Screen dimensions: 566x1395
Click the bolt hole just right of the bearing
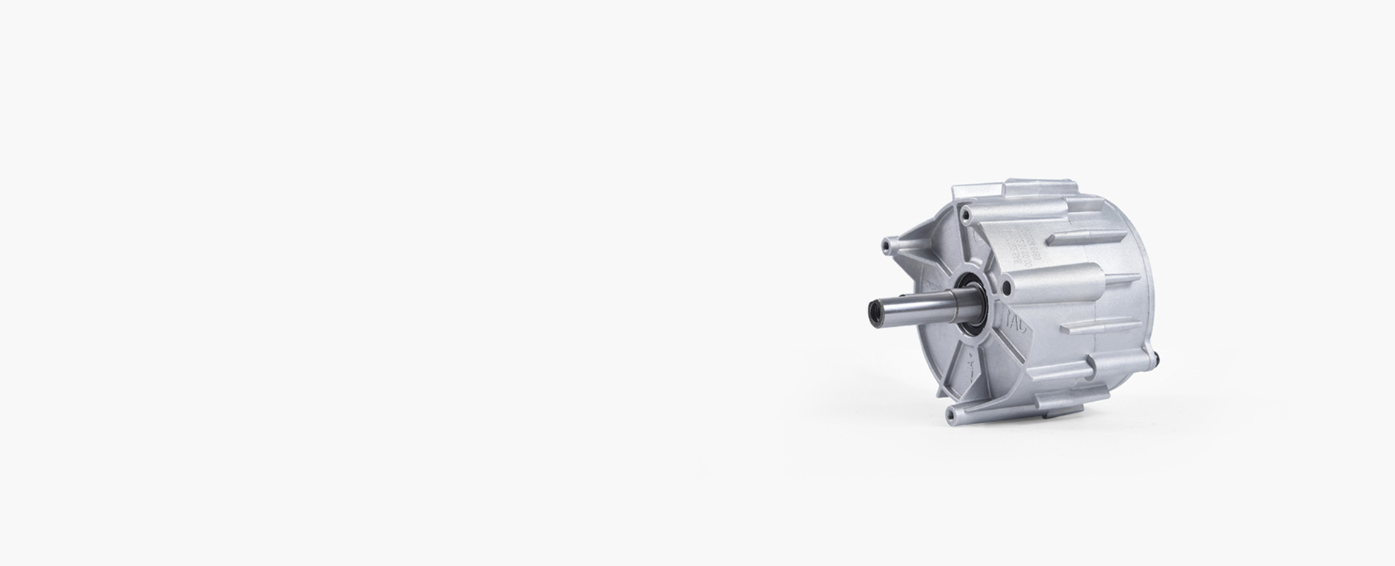tap(1006, 288)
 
